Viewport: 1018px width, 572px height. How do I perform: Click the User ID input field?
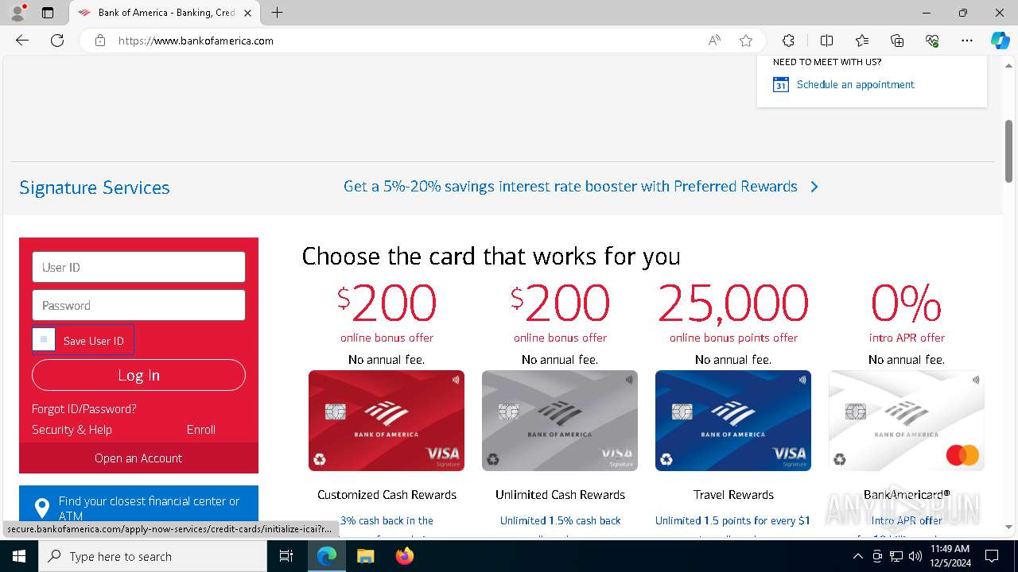(x=138, y=267)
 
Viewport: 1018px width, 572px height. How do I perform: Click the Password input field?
(x=138, y=305)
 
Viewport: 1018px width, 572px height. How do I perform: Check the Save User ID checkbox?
(x=44, y=340)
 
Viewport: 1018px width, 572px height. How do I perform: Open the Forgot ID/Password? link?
(x=84, y=408)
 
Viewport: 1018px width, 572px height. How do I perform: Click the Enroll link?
(x=200, y=429)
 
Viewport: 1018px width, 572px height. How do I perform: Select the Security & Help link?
(x=72, y=429)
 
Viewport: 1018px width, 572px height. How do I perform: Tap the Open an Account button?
(x=138, y=458)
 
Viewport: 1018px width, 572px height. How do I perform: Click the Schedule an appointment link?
(x=855, y=84)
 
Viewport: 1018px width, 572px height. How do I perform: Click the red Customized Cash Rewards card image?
(x=386, y=420)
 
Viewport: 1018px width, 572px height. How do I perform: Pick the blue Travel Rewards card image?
(x=732, y=420)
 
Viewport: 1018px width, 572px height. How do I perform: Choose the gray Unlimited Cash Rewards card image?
(x=559, y=420)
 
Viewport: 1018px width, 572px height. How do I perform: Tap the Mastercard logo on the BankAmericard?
(x=962, y=455)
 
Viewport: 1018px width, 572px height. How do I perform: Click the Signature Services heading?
(x=94, y=187)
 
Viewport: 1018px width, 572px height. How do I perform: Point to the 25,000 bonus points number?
(x=732, y=303)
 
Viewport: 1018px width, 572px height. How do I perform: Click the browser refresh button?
(x=57, y=41)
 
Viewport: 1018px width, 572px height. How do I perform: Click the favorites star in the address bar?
(x=745, y=41)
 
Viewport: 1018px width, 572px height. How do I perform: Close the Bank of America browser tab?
(x=247, y=13)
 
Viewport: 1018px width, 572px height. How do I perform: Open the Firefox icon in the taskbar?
(x=404, y=556)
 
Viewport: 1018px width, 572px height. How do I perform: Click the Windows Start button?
(x=18, y=556)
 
